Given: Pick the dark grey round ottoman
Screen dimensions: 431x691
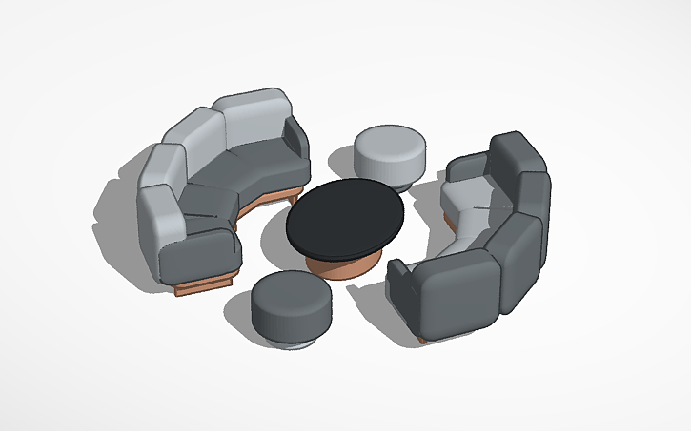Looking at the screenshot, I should tap(290, 300).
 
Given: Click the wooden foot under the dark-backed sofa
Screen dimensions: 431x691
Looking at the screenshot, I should tap(420, 338).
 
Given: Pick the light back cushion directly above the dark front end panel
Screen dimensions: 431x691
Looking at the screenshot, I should tap(160, 212).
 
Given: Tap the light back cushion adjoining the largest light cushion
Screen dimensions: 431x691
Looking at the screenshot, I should tap(196, 138).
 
